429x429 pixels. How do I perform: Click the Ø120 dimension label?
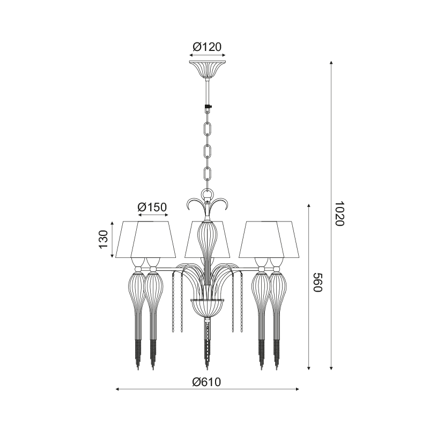[x=207, y=47]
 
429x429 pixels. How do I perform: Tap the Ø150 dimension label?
[x=152, y=208]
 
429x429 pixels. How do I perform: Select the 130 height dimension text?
[x=104, y=239]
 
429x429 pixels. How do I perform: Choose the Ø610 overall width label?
[x=206, y=382]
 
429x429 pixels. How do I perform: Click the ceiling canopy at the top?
[x=208, y=70]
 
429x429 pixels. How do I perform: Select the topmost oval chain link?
[x=208, y=128]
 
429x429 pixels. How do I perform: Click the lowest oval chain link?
[x=208, y=173]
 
